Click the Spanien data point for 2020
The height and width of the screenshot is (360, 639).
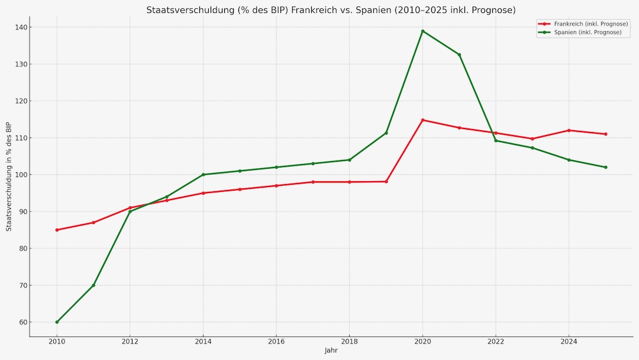pyautogui.click(x=422, y=31)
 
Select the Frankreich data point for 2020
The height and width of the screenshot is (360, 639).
pyautogui.click(x=422, y=120)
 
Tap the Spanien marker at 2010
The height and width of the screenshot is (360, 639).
pyautogui.click(x=57, y=322)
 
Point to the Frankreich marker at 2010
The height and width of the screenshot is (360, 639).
pyautogui.click(x=57, y=230)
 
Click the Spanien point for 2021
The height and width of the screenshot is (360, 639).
pyautogui.click(x=459, y=54)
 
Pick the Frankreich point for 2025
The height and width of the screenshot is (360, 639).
pyautogui.click(x=605, y=134)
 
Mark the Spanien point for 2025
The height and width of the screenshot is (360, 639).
pyautogui.click(x=605, y=167)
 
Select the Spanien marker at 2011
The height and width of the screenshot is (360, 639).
pyautogui.click(x=93, y=285)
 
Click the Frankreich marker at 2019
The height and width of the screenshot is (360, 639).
pyautogui.click(x=386, y=181)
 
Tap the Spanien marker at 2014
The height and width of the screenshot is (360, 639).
pyautogui.click(x=203, y=175)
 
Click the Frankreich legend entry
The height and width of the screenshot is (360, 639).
pyautogui.click(x=582, y=24)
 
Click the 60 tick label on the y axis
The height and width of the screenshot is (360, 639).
pyautogui.click(x=23, y=322)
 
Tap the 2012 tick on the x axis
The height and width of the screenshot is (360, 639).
pyautogui.click(x=130, y=341)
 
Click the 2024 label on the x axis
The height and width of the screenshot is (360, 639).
pyautogui.click(x=569, y=341)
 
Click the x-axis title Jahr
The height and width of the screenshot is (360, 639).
pyautogui.click(x=331, y=351)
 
